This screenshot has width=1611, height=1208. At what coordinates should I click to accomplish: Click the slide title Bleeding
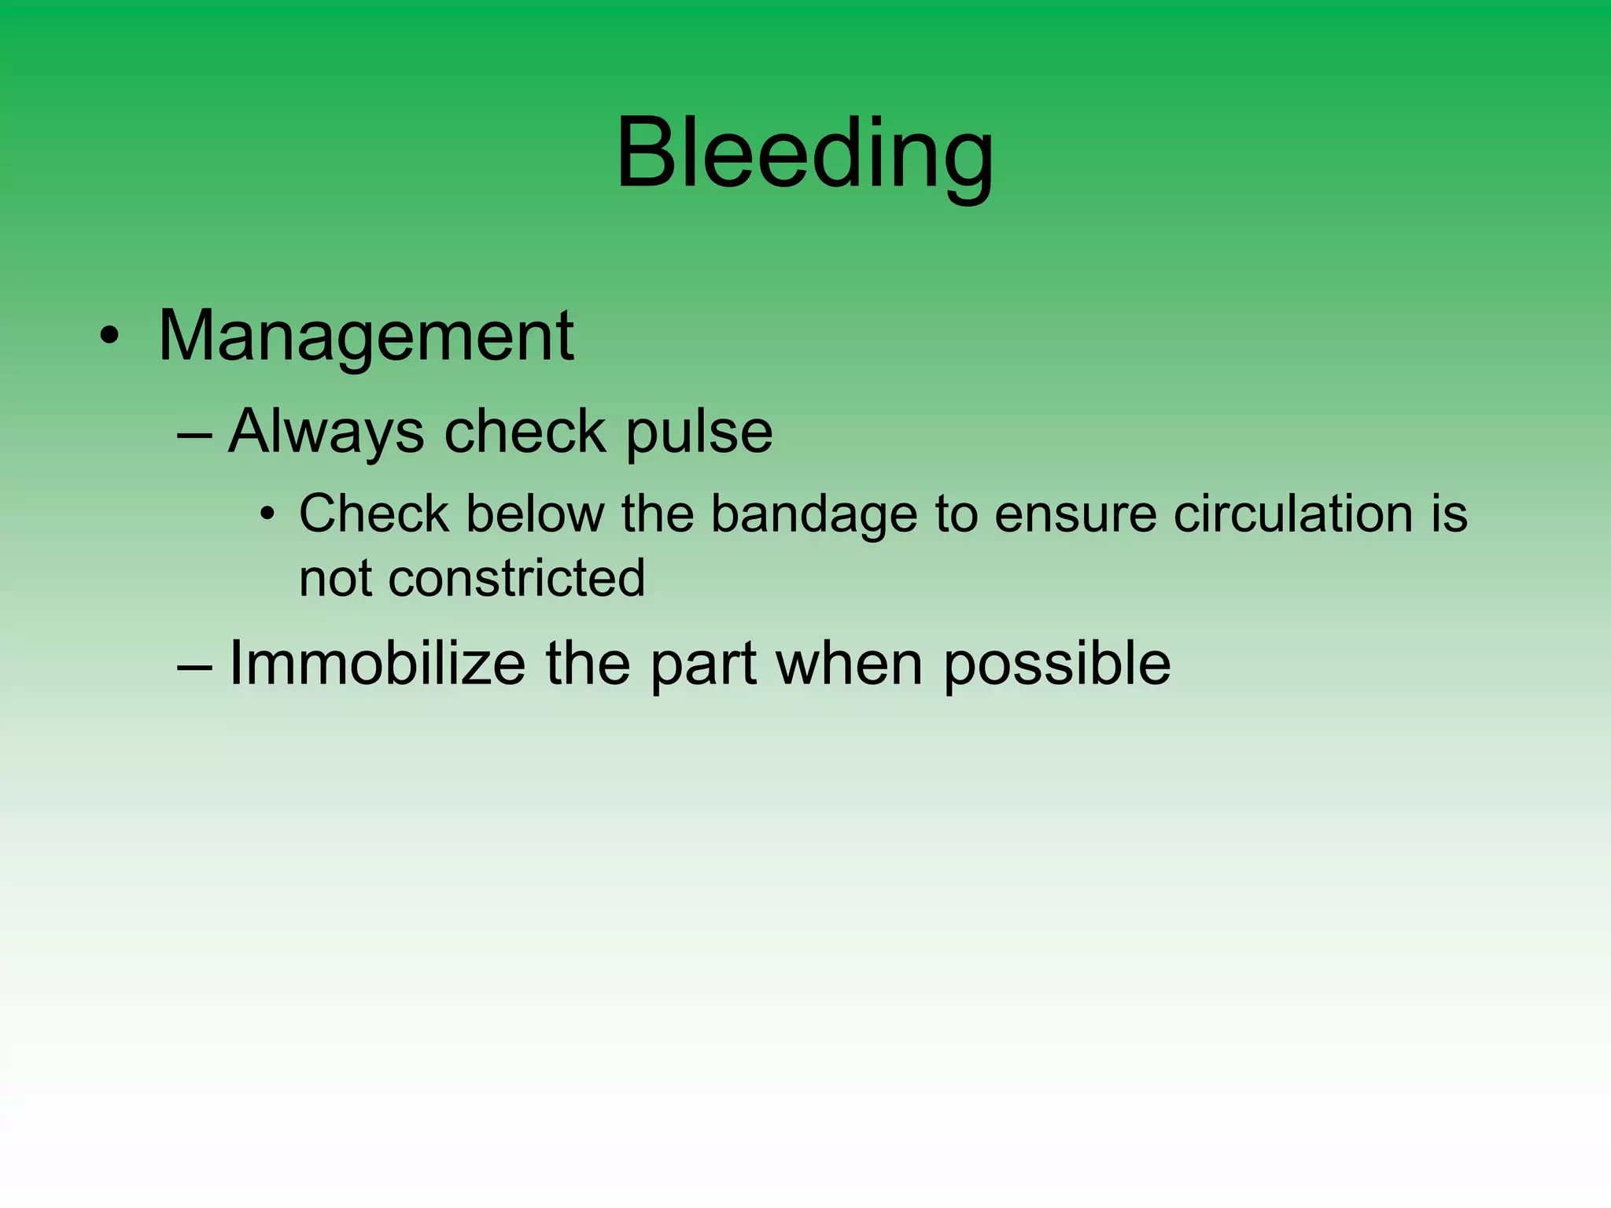[x=804, y=153]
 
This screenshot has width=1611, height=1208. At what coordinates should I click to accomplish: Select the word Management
[x=366, y=337]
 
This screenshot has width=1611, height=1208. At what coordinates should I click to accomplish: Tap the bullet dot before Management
[x=109, y=337]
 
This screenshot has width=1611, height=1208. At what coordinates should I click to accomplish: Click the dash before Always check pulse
[x=195, y=434]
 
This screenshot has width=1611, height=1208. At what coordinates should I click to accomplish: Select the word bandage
[x=814, y=515]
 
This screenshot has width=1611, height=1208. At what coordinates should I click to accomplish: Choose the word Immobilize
[x=377, y=664]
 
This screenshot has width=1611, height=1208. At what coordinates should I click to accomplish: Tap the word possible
[x=1056, y=665]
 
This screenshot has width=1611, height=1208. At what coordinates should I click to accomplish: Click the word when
[x=849, y=664]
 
